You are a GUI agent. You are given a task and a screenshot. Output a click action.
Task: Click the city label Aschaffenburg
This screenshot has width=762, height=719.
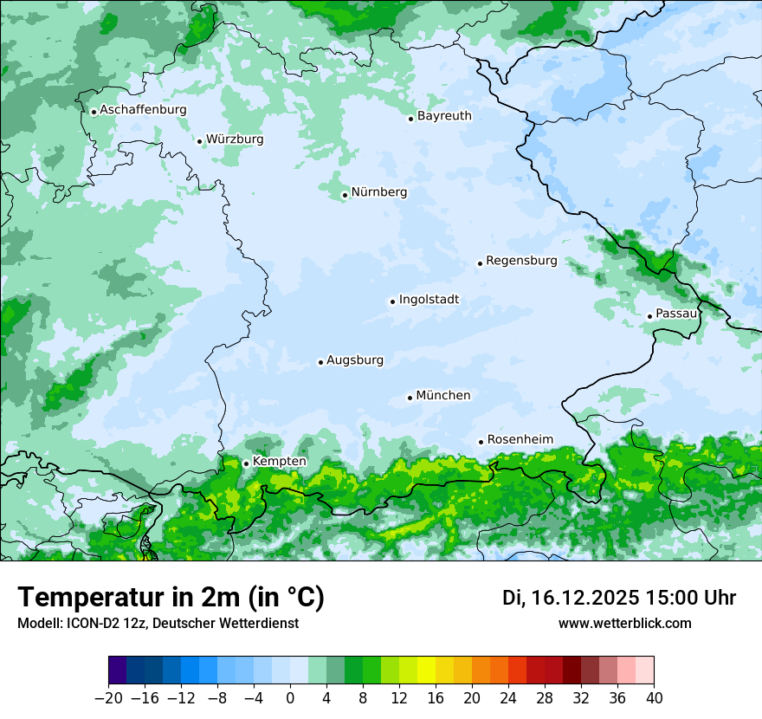point(143,110)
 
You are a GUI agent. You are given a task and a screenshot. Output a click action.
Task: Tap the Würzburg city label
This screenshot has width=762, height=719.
point(235,139)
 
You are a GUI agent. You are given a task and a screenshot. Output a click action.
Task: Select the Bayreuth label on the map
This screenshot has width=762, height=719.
point(444,116)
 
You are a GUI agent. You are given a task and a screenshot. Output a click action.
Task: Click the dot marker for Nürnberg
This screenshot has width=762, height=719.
point(345,195)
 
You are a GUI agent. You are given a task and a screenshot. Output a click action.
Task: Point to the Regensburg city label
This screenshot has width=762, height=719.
point(521,261)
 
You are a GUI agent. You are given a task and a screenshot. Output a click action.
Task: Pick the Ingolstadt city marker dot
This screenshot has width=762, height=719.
point(392,302)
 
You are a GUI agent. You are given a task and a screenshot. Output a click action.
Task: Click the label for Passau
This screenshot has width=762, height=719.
point(676,314)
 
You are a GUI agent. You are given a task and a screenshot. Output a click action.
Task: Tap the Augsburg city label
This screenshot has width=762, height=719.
point(355,360)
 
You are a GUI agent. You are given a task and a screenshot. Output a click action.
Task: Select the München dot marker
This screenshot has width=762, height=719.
point(410,398)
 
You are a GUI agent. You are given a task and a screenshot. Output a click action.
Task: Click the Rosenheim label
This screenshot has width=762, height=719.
point(520,440)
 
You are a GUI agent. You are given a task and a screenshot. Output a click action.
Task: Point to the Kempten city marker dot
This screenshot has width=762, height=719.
point(246,463)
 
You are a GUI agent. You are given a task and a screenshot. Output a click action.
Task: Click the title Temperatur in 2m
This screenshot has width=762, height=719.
point(171,598)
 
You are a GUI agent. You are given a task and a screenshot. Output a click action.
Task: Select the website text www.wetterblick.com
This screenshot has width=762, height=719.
point(624,624)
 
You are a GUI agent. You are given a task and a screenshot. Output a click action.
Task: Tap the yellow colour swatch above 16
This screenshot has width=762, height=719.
point(426,670)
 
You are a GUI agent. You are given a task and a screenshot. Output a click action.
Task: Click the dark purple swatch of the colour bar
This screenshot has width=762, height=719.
point(118,670)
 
